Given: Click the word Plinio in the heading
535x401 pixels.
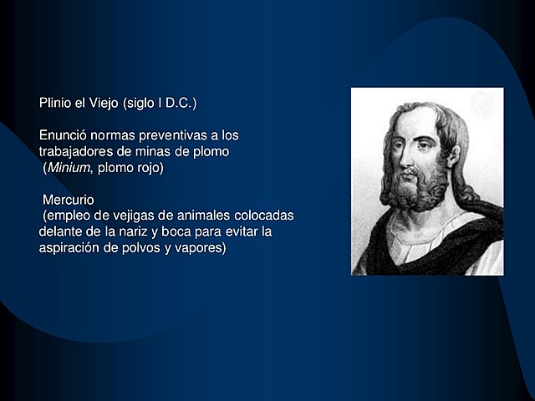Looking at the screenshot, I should click(54, 104).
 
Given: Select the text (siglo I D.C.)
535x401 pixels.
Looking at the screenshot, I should click(160, 104).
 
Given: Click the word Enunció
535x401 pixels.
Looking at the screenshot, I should click(63, 135).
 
